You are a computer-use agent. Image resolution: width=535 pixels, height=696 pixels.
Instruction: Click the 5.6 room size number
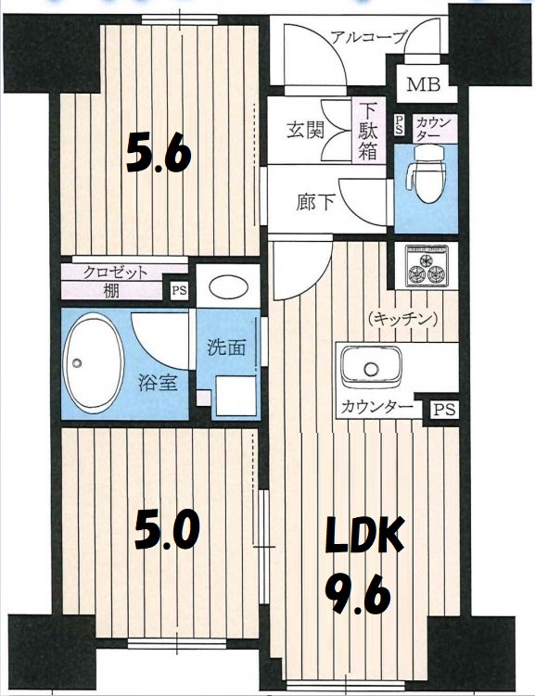point(159,153)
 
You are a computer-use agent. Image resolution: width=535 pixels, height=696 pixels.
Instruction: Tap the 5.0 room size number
point(167,530)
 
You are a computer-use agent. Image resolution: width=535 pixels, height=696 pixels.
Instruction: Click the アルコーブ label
point(368,38)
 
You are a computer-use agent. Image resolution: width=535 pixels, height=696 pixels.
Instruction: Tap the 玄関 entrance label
point(303,131)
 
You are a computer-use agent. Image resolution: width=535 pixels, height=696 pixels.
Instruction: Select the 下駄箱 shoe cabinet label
point(368,132)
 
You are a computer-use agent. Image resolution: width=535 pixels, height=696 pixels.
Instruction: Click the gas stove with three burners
point(426,265)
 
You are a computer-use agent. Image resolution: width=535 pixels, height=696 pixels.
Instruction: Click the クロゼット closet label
point(116,272)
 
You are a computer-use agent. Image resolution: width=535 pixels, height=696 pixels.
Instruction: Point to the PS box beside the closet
point(178,291)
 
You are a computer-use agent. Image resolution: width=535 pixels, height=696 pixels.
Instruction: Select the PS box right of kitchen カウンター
point(442,407)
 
